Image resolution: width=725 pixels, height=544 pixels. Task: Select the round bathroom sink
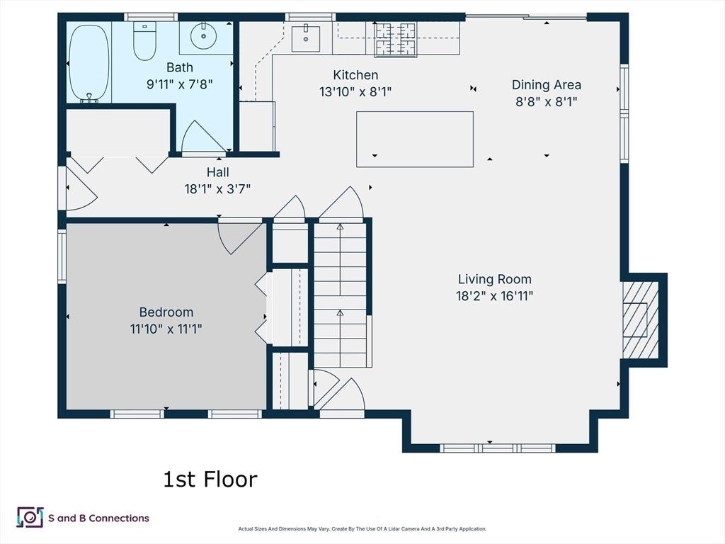[203, 35]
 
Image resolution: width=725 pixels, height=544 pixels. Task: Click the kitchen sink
[306, 39]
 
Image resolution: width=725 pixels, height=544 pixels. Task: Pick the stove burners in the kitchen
[395, 40]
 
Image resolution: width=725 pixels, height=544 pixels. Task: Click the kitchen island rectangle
[415, 140]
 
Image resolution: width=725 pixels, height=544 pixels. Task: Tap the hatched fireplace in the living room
[640, 320]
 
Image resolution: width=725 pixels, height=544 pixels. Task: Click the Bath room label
[179, 67]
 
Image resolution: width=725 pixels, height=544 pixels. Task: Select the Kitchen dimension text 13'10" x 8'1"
[355, 91]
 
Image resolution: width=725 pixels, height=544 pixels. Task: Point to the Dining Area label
[546, 85]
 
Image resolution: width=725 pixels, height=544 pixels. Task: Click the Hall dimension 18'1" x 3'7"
[217, 188]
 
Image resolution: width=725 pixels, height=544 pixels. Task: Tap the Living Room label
[495, 279]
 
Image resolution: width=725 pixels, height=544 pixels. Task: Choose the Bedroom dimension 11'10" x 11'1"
[166, 329]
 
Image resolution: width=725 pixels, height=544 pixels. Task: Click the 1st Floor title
[210, 480]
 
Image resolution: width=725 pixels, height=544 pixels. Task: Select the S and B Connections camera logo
[30, 517]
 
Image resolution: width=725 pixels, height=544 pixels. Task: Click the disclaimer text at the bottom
[362, 528]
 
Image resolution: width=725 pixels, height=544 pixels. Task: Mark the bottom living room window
[497, 448]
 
